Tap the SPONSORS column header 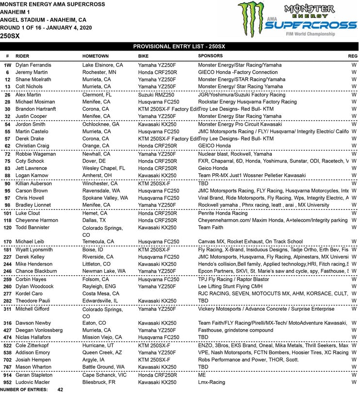point(211,56)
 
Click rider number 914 point(8,374)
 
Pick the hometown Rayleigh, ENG point(101,286)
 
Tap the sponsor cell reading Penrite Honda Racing point(223,213)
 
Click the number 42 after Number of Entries point(60,389)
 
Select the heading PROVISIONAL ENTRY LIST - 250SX point(179,46)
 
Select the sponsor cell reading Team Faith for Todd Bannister point(211,227)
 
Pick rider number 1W point(8,65)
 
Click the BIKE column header point(144,56)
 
